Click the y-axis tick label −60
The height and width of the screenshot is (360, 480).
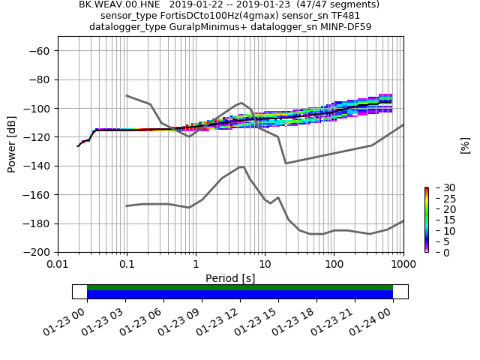[39, 51]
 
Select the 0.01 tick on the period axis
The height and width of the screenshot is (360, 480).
[58, 265]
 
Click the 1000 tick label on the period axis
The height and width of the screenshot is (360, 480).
[403, 265]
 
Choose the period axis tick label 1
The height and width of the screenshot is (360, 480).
[196, 265]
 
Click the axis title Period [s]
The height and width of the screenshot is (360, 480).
[230, 278]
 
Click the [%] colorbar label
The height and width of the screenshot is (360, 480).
[465, 145]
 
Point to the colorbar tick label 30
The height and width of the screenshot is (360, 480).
[439, 187]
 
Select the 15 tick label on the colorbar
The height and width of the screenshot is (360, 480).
[439, 220]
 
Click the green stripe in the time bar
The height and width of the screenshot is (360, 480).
[240, 287]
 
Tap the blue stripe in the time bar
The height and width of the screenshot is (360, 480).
[240, 295]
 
